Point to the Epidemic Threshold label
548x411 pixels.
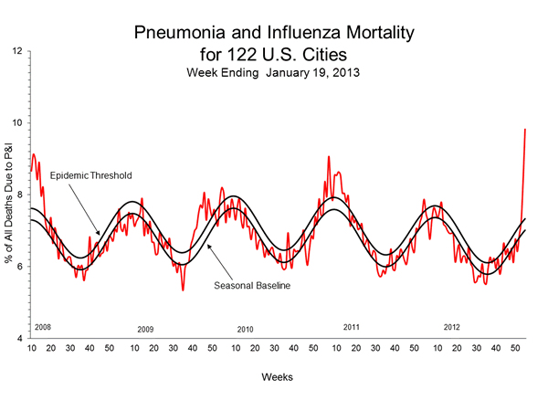[90, 174]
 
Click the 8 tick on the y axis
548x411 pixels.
[19, 195]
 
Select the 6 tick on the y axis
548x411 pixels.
[19, 267]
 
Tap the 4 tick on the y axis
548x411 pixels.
[19, 339]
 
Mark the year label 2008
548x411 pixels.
[42, 326]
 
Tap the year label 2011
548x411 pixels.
[351, 326]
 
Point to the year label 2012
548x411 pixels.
[451, 326]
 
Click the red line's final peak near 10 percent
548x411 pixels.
[525, 130]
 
